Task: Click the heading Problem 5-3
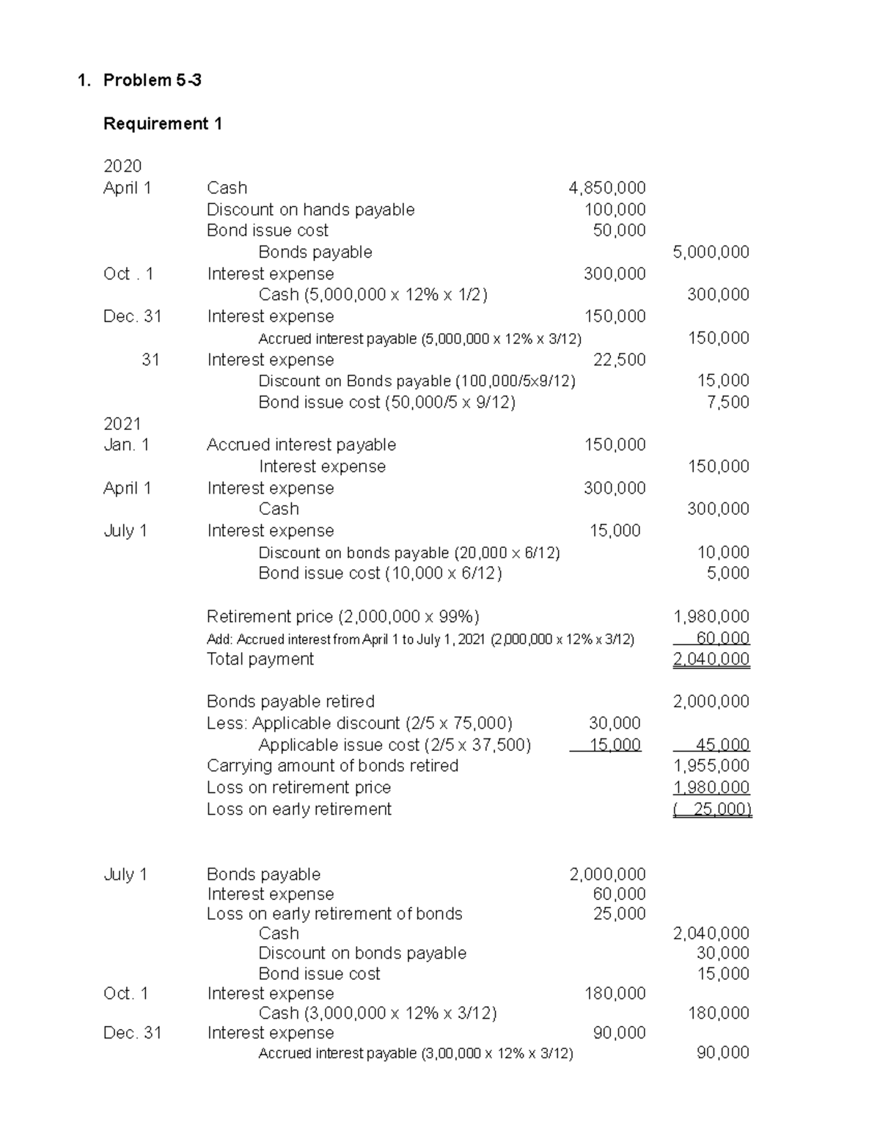tap(152, 81)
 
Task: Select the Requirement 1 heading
tap(163, 124)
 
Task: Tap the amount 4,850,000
tap(606, 188)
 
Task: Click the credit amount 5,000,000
tap(711, 252)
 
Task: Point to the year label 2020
tap(122, 166)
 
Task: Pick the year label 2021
tap(122, 424)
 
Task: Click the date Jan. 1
tap(126, 445)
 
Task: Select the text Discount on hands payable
tap(310, 210)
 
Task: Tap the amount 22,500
tap(619, 360)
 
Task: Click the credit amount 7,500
tap(727, 403)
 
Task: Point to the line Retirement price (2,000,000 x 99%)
tap(342, 617)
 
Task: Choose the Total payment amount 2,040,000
tap(711, 659)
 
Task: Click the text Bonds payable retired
tap(290, 702)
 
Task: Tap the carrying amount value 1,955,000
tap(711, 766)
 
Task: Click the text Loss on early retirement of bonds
tap(334, 914)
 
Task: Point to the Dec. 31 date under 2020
tap(132, 317)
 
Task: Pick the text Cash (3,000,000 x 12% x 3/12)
tap(378, 1014)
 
